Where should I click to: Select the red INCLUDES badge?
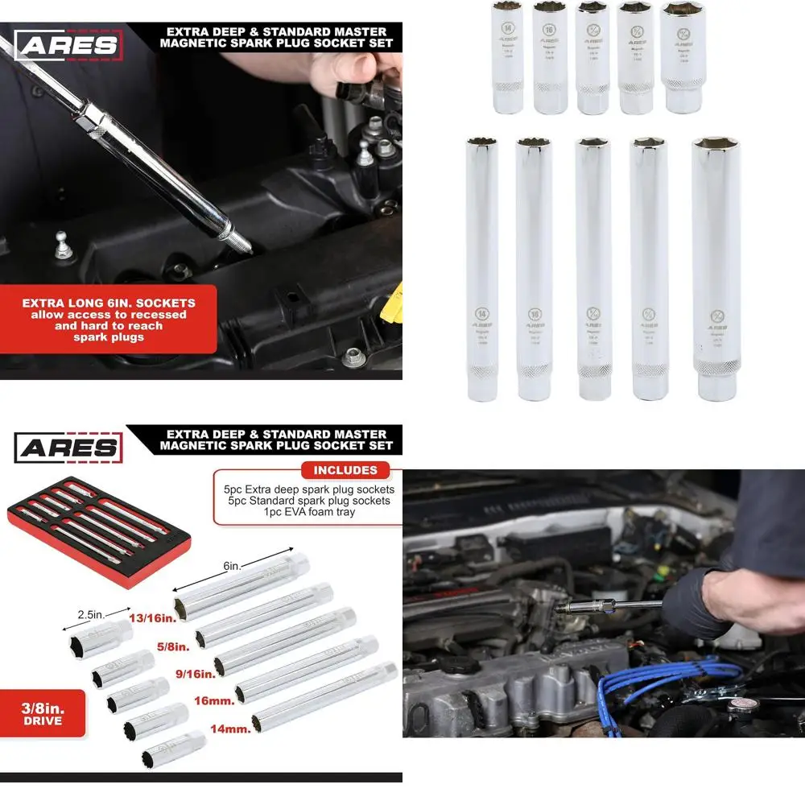point(345,470)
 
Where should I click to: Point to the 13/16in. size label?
point(152,618)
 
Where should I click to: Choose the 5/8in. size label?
point(173,646)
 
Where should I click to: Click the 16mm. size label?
point(214,701)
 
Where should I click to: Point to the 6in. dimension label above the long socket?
point(232,566)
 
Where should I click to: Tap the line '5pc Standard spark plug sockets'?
point(307,501)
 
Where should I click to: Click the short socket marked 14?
point(506,57)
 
